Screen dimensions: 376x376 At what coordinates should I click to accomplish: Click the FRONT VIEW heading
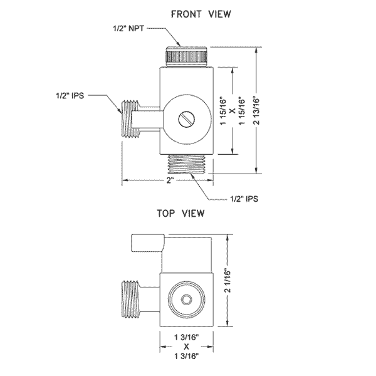(x=187, y=13)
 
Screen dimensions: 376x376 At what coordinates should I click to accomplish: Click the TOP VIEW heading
(x=181, y=213)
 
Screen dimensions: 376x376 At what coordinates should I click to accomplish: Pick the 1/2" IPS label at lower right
(x=243, y=199)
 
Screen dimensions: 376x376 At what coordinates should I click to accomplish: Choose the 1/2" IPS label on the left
(x=70, y=95)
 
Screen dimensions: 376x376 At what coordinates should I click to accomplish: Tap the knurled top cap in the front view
(x=188, y=56)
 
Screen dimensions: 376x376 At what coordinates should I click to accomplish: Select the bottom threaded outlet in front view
(x=188, y=165)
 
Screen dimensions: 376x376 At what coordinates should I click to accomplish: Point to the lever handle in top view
(x=147, y=242)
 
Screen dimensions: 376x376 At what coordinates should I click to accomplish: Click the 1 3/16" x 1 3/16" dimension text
(x=185, y=346)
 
